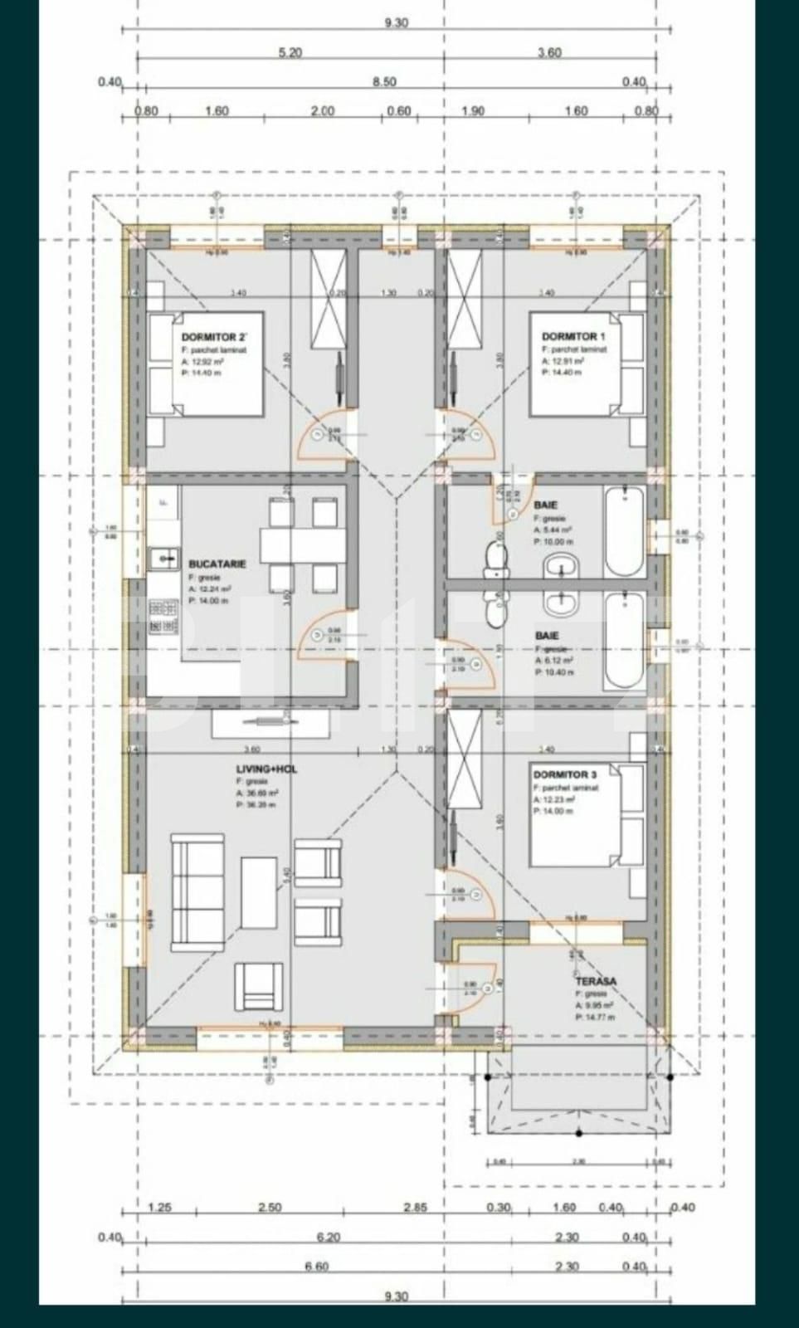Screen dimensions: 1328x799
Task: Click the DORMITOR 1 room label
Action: tap(569, 336)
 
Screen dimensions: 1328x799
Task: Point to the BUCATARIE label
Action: tap(217, 564)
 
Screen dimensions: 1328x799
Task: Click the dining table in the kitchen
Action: tap(302, 546)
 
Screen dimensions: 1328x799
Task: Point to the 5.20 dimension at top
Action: tap(290, 52)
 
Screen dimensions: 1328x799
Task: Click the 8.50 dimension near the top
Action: tap(384, 81)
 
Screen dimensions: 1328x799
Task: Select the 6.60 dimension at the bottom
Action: tap(317, 1267)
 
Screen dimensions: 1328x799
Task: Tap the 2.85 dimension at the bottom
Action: tap(415, 1208)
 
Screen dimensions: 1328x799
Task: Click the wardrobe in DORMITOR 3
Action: tap(465, 757)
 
